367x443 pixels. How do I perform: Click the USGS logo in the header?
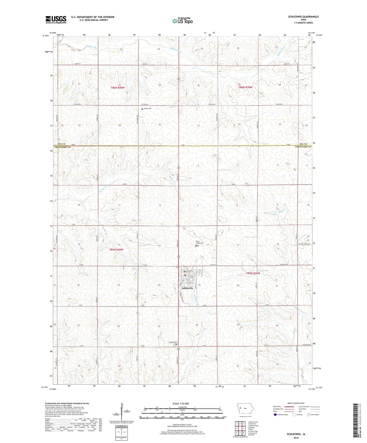(56, 20)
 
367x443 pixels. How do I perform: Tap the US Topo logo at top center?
(182, 21)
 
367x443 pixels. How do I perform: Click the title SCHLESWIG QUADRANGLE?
(303, 17)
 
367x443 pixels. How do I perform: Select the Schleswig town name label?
(187, 288)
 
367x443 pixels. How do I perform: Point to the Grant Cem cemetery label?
(147, 109)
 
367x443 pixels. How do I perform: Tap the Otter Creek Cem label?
(199, 242)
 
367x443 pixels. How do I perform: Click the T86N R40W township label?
(118, 88)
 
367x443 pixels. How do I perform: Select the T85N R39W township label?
(253, 273)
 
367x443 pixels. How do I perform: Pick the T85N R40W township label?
(116, 250)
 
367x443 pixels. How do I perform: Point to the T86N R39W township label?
(245, 87)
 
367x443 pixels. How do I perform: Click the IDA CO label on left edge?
(60, 144)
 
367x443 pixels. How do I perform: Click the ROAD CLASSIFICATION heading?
(296, 403)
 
